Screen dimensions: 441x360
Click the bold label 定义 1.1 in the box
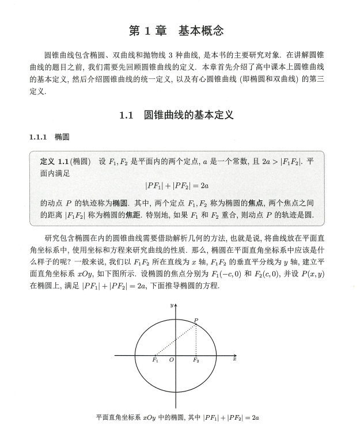[x=55, y=162]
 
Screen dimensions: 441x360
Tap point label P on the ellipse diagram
[x=197, y=320]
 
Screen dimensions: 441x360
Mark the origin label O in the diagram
[x=171, y=360]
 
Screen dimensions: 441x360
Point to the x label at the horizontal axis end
[x=235, y=358]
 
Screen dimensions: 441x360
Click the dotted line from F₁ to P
[x=176, y=340]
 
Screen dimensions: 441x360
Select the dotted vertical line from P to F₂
[x=196, y=340]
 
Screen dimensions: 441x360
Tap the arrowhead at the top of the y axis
[x=175, y=305]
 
